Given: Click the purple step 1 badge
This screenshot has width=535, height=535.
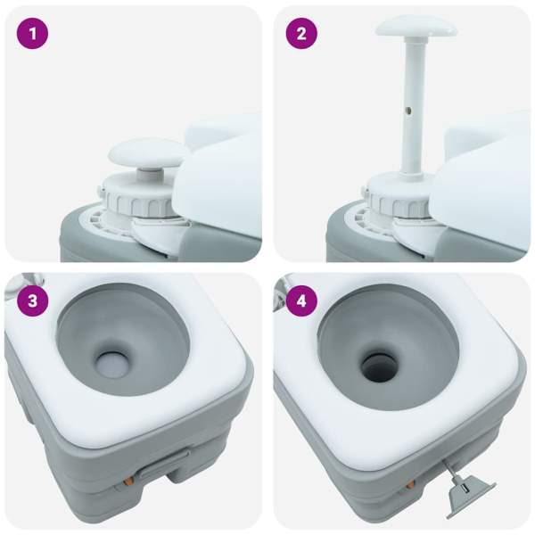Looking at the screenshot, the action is tap(32, 34).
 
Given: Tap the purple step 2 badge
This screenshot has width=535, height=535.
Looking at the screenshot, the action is tap(301, 34).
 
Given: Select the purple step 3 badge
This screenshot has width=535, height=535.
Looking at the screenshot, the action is tap(32, 301).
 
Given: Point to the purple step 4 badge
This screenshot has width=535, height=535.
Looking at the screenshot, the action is tap(301, 301).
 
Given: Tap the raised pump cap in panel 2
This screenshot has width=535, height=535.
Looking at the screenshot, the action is tap(416, 27).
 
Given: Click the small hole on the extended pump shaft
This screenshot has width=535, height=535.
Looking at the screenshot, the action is tap(408, 111).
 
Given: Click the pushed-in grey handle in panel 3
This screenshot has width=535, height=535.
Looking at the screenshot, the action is tap(165, 465).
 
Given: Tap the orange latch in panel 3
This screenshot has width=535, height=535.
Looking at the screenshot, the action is tap(128, 481).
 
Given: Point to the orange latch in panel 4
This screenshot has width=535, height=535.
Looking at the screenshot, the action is tap(410, 484).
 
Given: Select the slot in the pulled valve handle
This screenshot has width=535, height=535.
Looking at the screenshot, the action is tap(465, 490).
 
